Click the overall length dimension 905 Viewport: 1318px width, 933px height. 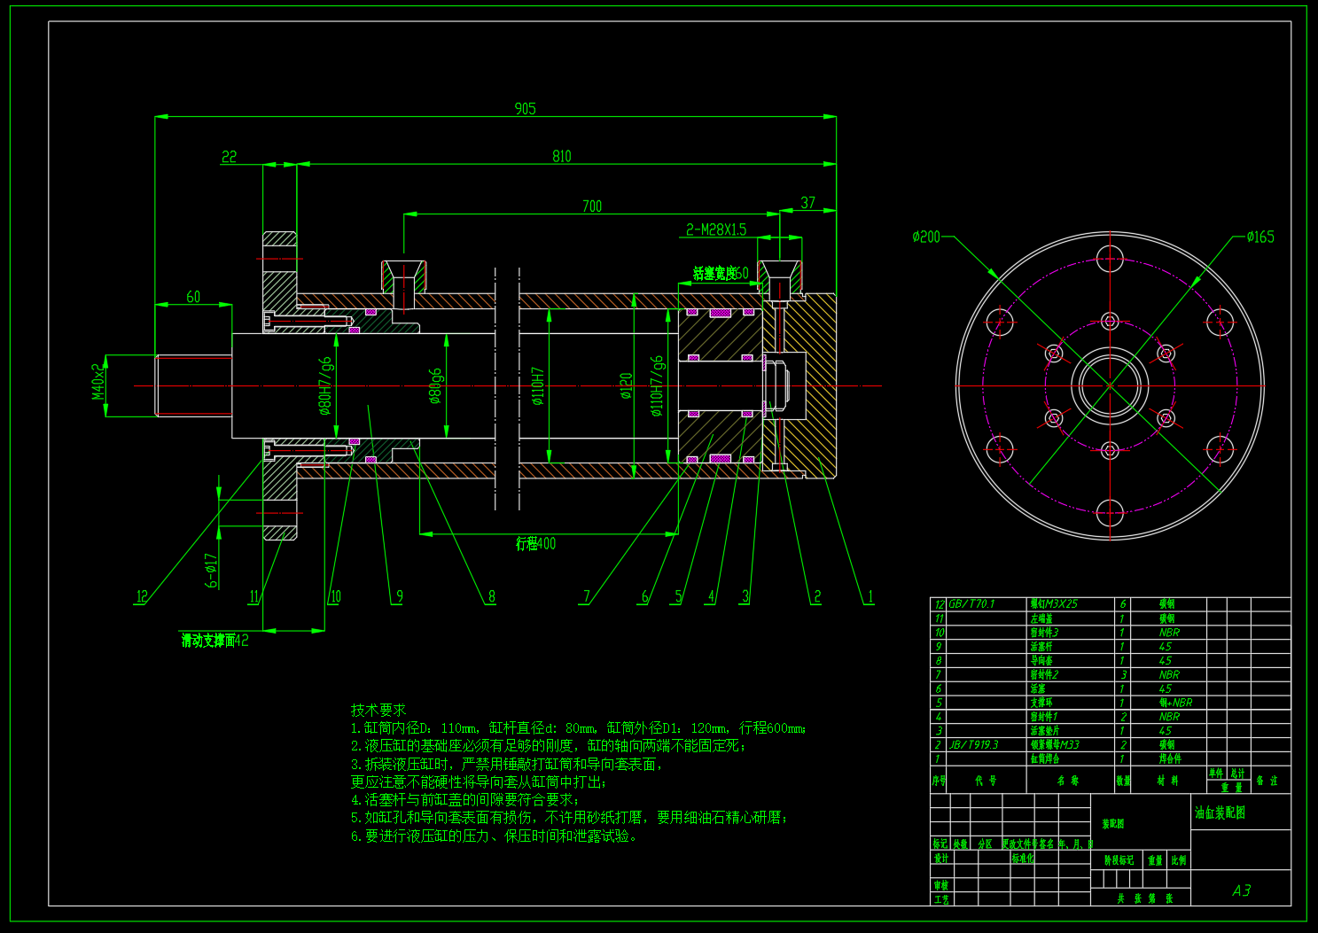click(525, 109)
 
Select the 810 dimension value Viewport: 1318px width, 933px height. click(562, 157)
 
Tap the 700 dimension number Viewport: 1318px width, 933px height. click(592, 206)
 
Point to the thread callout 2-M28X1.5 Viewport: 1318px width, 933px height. click(716, 230)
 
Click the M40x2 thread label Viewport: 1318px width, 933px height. click(98, 381)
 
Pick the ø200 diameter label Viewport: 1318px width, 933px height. click(926, 237)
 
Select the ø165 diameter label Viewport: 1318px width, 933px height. click(1260, 237)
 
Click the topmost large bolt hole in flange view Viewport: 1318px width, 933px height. click(1110, 260)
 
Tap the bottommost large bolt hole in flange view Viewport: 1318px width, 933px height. click(1110, 512)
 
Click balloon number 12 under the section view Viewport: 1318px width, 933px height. click(142, 596)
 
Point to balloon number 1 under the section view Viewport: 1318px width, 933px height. click(870, 596)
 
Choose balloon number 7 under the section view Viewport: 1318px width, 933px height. click(586, 596)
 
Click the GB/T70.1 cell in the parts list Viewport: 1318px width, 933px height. click(972, 604)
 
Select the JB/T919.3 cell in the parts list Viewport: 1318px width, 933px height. click(974, 745)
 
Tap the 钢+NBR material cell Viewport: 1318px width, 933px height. click(1175, 703)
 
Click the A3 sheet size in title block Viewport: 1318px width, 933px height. click(1241, 890)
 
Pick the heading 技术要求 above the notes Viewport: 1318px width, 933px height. click(378, 710)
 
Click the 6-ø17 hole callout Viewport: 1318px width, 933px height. click(212, 571)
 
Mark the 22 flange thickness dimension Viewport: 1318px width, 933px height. click(230, 157)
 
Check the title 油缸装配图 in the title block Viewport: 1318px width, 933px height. click(1220, 812)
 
